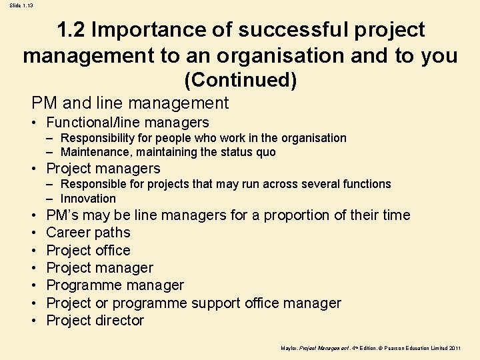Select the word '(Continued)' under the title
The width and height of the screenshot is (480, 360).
click(240, 81)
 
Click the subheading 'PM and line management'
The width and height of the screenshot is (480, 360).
click(130, 103)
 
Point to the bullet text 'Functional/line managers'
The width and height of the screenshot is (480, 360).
click(127, 123)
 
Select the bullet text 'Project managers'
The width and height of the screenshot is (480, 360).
click(103, 169)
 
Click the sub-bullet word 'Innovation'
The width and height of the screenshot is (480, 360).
click(88, 199)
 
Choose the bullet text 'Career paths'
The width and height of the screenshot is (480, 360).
click(88, 233)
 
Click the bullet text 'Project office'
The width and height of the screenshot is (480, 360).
click(88, 251)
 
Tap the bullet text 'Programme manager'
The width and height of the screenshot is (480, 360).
click(115, 285)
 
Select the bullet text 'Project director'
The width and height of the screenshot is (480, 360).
click(95, 321)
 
